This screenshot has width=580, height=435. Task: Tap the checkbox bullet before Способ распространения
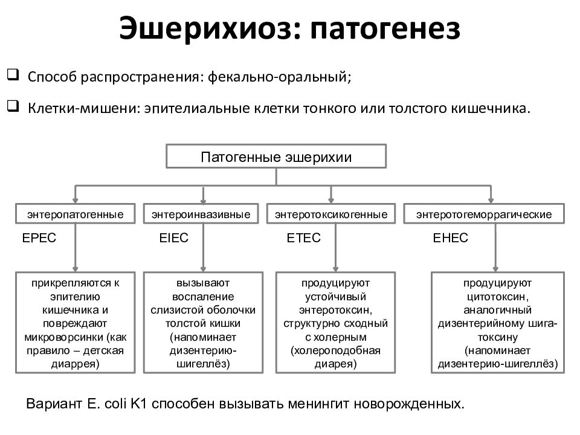click(13, 75)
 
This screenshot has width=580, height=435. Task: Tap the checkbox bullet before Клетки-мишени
click(13, 106)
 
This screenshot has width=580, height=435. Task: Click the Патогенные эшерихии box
click(276, 156)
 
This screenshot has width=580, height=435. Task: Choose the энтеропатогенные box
click(75, 214)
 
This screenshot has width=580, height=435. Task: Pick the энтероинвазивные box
click(201, 214)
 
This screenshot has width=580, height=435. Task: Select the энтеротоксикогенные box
click(331, 214)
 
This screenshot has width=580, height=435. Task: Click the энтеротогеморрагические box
click(484, 214)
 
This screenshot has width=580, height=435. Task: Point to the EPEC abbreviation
click(39, 238)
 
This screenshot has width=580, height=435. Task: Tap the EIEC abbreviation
click(174, 238)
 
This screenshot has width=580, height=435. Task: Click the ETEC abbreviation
click(304, 238)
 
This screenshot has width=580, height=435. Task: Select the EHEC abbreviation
click(451, 238)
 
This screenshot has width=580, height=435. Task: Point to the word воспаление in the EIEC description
click(203, 297)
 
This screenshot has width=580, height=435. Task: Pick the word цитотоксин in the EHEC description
click(496, 297)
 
